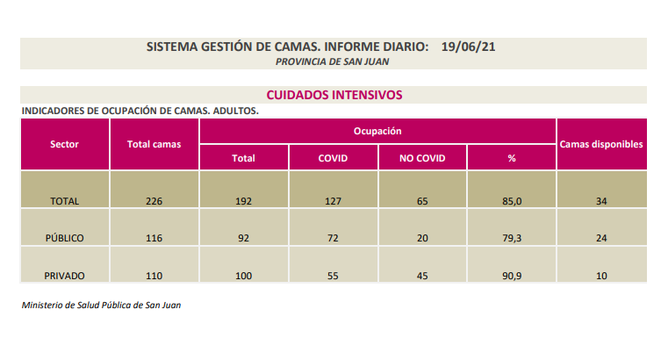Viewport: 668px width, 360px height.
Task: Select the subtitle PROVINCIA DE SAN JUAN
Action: [x=333, y=62]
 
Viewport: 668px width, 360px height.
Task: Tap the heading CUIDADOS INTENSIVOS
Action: [x=334, y=94]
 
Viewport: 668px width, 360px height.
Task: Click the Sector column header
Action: [x=65, y=144]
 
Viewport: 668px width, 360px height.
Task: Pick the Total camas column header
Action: [x=154, y=144]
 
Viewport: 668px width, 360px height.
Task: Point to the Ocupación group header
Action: [x=377, y=131]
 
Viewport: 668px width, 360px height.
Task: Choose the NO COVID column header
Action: [x=422, y=158]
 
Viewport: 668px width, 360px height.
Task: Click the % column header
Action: [x=511, y=158]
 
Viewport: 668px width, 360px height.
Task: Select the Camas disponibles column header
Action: [x=602, y=144]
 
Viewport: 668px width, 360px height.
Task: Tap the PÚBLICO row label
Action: [x=65, y=238]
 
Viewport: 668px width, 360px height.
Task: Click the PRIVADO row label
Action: [x=65, y=276]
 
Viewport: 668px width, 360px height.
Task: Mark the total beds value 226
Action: [x=154, y=201]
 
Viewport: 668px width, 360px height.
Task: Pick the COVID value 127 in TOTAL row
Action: [x=333, y=201]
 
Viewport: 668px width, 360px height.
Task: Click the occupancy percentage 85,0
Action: [x=512, y=201]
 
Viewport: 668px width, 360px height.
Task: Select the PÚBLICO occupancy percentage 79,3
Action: [x=512, y=238]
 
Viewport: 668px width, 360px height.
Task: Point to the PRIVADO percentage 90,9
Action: [x=512, y=276]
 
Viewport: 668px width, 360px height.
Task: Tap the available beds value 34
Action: [x=602, y=201]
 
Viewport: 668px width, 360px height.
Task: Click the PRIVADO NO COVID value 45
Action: [x=422, y=276]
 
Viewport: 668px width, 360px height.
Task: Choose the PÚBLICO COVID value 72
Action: [x=333, y=238]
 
